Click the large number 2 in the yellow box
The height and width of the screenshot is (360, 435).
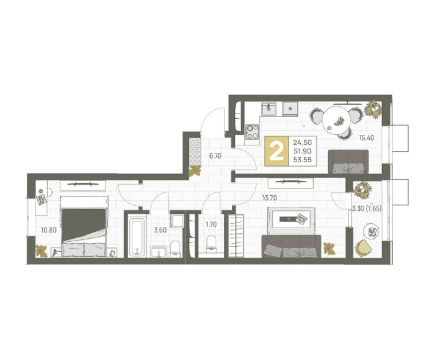[277, 151]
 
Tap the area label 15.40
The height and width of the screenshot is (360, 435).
[367, 137]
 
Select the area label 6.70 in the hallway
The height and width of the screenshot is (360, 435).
[215, 156]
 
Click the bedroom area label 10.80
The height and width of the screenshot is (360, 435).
[49, 230]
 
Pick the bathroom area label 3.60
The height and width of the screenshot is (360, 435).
[160, 230]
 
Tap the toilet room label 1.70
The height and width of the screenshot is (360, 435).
[211, 224]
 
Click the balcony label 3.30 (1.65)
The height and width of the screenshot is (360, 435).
[367, 208]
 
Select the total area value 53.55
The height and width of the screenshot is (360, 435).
[303, 160]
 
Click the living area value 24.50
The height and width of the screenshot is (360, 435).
[303, 142]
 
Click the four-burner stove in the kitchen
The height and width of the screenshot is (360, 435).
[252, 132]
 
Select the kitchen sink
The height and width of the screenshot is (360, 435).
[268, 109]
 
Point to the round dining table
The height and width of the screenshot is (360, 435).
[337, 121]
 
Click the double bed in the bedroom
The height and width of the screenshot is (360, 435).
[84, 226]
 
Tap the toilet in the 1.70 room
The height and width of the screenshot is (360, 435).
[211, 244]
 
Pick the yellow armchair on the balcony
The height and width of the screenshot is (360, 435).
[364, 247]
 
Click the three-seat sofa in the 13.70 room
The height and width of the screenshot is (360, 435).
[291, 246]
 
